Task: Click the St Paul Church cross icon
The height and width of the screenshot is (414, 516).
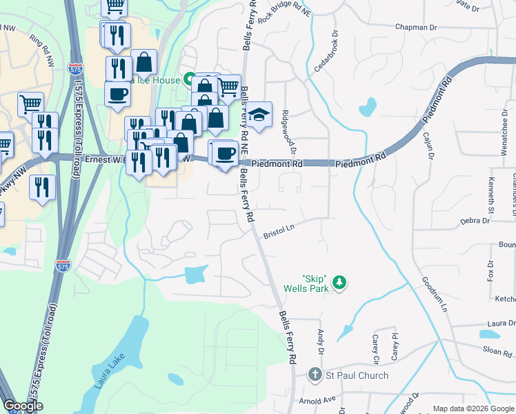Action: pyautogui.click(x=315, y=375)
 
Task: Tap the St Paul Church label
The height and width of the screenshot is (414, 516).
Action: pyautogui.click(x=357, y=376)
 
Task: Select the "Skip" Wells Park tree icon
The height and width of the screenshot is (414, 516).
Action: pyautogui.click(x=338, y=282)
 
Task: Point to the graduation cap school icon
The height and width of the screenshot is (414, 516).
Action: pyautogui.click(x=259, y=115)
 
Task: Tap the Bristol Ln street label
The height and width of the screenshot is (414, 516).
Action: pyautogui.click(x=279, y=232)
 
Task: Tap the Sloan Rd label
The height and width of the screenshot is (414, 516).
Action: pyautogui.click(x=497, y=351)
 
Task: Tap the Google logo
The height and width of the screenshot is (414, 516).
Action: pyautogui.click(x=22, y=406)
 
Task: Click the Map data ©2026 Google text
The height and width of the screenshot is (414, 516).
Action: pyautogui.click(x=473, y=408)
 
